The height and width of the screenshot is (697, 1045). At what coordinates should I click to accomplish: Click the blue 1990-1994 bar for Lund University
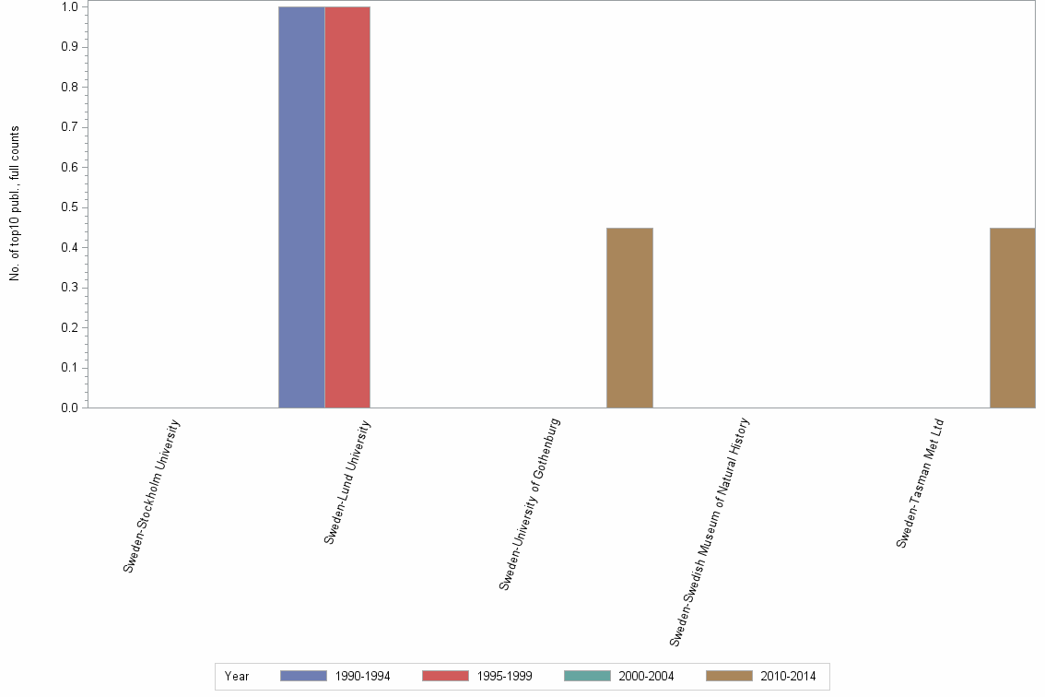coord(301,207)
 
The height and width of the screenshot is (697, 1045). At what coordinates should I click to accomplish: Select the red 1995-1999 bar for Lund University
coord(347,207)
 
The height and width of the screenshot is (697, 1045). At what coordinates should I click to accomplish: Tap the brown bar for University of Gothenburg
coord(629,317)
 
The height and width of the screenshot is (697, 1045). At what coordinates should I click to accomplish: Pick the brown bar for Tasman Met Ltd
coord(1012,317)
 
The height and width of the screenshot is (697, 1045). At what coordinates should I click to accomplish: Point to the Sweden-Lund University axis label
coord(347,481)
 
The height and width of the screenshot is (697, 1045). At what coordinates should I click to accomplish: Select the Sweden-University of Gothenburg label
coord(530,503)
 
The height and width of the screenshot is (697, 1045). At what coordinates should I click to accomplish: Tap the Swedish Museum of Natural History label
coord(710,531)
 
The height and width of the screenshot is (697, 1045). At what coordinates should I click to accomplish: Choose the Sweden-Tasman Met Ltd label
coord(921,484)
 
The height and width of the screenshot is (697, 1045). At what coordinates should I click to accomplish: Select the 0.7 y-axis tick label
coord(68,127)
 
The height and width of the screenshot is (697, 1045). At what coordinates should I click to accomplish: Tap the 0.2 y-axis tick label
coord(68,327)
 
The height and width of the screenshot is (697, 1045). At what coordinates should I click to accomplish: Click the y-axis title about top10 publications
coord(15,203)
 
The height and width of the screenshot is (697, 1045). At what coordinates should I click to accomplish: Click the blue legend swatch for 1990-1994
coord(302,676)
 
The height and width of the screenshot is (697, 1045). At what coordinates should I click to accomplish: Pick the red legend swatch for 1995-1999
coord(444,676)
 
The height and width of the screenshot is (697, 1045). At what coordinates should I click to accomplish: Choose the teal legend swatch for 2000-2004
coord(586,676)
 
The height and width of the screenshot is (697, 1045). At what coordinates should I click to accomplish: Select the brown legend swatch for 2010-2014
coord(729,676)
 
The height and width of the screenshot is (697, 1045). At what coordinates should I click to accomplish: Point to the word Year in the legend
coord(237,677)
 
